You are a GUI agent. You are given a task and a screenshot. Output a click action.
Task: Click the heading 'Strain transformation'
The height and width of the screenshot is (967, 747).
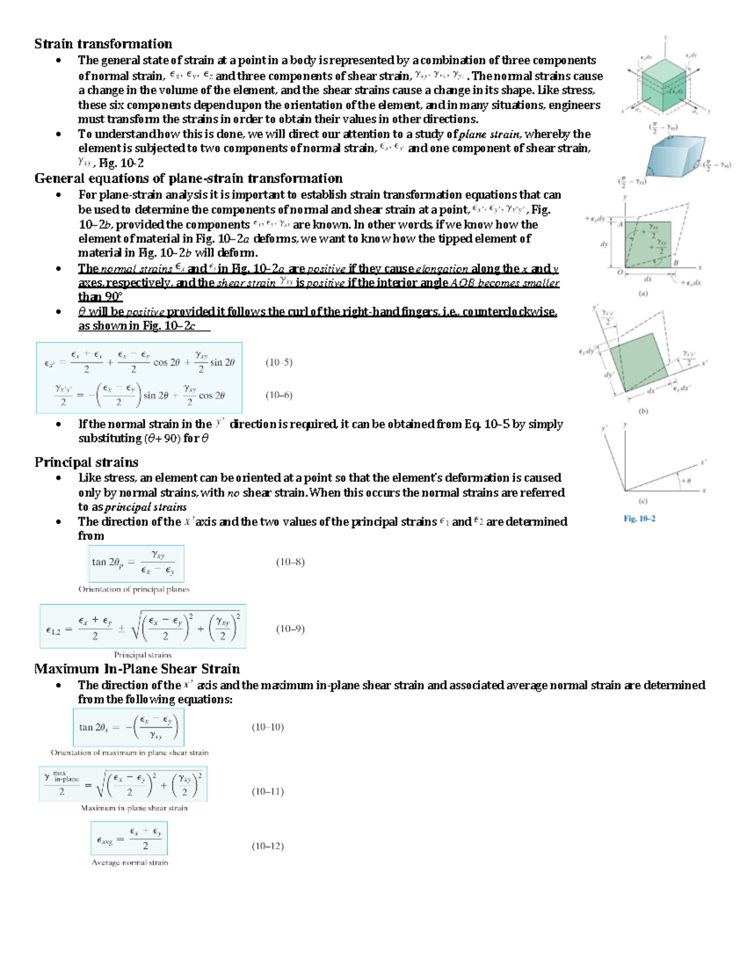[103, 44]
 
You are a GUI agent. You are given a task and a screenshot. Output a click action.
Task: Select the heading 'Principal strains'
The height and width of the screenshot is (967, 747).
[87, 462]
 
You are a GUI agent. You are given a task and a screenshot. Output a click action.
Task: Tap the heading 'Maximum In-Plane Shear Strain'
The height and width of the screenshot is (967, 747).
[137, 669]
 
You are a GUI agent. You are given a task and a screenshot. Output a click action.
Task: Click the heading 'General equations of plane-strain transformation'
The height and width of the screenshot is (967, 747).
[189, 179]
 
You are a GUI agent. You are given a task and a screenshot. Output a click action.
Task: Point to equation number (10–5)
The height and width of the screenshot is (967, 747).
[279, 362]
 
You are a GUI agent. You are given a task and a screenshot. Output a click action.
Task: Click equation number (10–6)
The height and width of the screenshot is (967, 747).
[279, 395]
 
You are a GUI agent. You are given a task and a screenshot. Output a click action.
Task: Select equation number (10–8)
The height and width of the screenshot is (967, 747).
[290, 562]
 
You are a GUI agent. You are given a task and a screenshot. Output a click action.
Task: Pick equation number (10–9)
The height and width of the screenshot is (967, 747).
[290, 629]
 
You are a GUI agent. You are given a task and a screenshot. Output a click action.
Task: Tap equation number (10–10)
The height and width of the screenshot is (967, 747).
[268, 727]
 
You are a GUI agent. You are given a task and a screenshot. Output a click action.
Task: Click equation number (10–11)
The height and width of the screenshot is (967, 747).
[268, 792]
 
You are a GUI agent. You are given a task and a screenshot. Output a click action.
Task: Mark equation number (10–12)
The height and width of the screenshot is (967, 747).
[268, 846]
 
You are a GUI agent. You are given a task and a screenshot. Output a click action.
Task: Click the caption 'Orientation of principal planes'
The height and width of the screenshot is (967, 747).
[134, 589]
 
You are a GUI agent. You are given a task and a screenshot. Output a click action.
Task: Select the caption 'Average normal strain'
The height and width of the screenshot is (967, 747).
[129, 862]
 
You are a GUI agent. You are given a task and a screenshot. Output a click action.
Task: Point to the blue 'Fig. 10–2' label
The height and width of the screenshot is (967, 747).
[639, 519]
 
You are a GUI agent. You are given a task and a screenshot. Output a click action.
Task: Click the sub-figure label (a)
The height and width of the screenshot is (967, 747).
[643, 293]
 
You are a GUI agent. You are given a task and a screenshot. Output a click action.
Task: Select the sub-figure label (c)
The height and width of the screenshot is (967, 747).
[643, 501]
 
